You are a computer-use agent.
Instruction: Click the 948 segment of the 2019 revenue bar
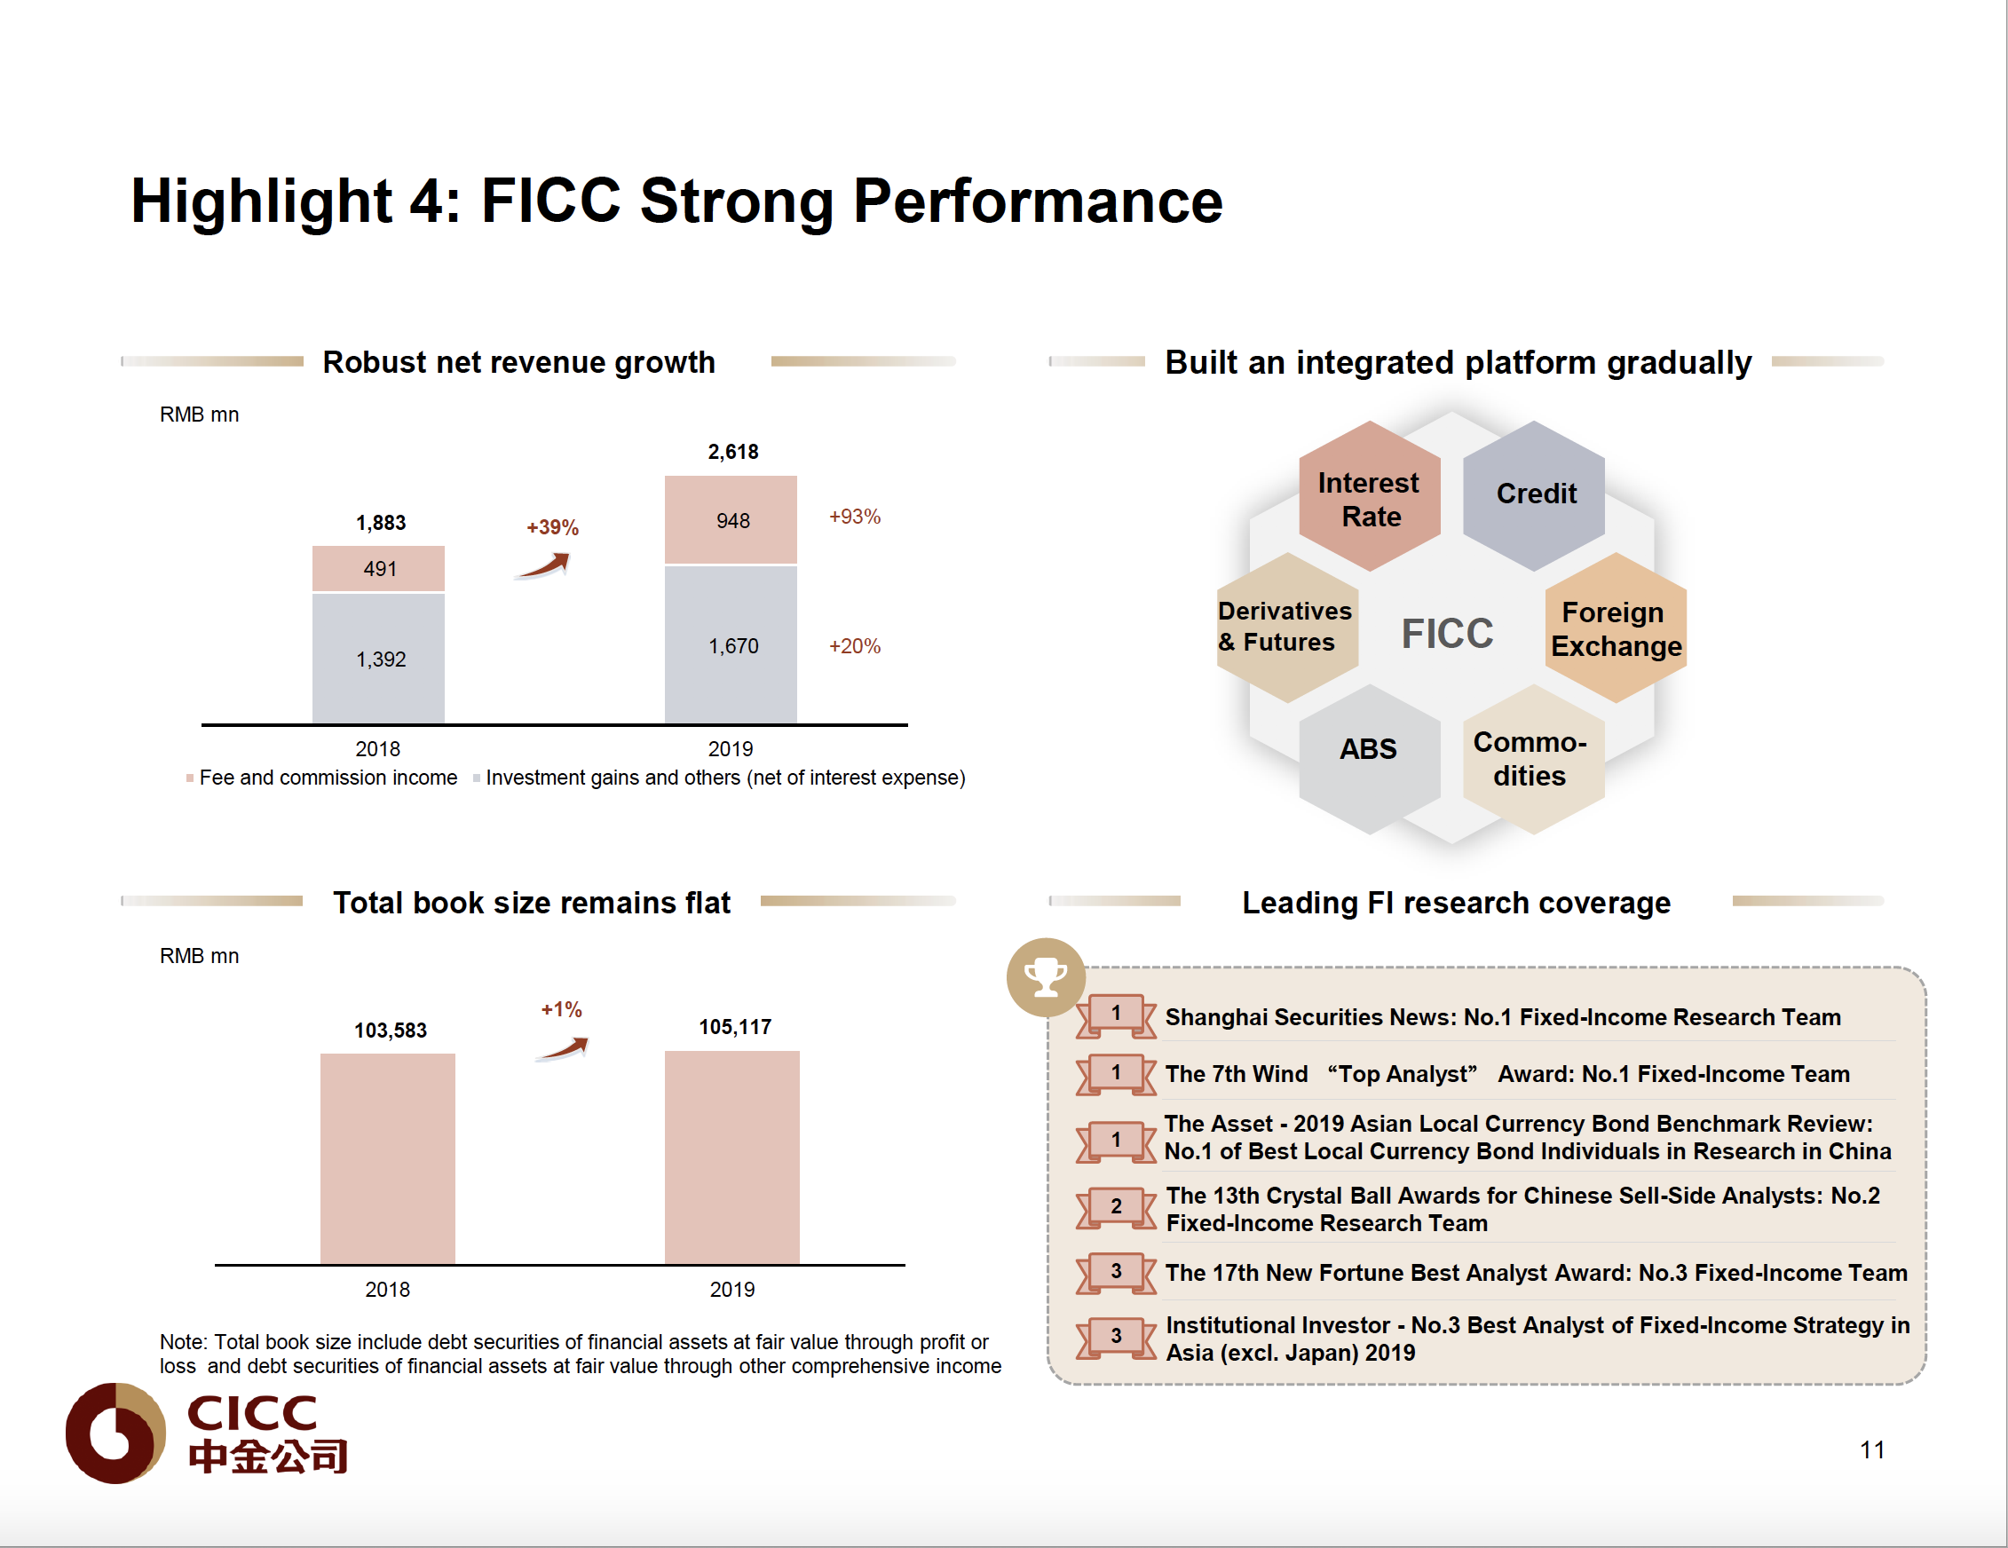click(x=731, y=520)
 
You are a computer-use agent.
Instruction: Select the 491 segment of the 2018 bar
click(x=378, y=569)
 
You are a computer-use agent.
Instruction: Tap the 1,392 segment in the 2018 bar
click(x=378, y=659)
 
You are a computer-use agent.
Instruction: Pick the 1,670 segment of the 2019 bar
click(x=731, y=645)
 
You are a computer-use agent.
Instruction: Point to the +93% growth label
click(x=854, y=517)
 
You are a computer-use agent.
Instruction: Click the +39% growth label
click(x=551, y=527)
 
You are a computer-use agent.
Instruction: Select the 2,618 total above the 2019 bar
click(x=732, y=451)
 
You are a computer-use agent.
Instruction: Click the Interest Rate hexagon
click(x=1369, y=497)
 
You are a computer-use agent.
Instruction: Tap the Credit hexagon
click(x=1535, y=494)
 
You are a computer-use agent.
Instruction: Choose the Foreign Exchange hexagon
click(x=1616, y=628)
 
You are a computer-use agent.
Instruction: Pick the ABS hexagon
click(x=1368, y=749)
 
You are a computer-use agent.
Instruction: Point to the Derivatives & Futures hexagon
click(x=1286, y=627)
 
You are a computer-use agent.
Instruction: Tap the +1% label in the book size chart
click(x=561, y=1009)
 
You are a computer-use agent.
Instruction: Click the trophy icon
click(x=1046, y=977)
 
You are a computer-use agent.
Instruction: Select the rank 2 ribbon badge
click(x=1115, y=1206)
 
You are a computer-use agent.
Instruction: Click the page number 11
click(x=1872, y=1449)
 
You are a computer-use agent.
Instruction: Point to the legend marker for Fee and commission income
click(x=189, y=778)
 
